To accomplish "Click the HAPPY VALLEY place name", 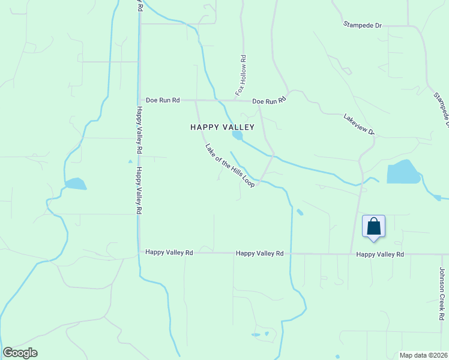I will point(222,127).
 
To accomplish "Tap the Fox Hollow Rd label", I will point(241,76).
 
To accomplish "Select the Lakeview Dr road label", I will point(360,124).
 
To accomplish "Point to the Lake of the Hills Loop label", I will point(230,166).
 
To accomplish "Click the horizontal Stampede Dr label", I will point(363,25).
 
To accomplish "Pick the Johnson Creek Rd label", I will point(442,293).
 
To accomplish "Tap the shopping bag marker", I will point(373,227).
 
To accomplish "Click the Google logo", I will point(20,353).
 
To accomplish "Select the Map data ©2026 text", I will point(423,355).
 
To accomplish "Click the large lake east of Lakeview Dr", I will point(403,173).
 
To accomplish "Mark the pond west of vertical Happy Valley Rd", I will point(76,184).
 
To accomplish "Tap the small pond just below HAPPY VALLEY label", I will point(238,136).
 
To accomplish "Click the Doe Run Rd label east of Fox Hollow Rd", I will point(268,101).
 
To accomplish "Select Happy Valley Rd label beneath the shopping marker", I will point(380,254).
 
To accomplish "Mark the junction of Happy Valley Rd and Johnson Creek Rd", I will point(441,254).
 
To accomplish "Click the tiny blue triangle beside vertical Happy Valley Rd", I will point(130,161).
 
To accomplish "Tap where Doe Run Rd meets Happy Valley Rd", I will point(139,100).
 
